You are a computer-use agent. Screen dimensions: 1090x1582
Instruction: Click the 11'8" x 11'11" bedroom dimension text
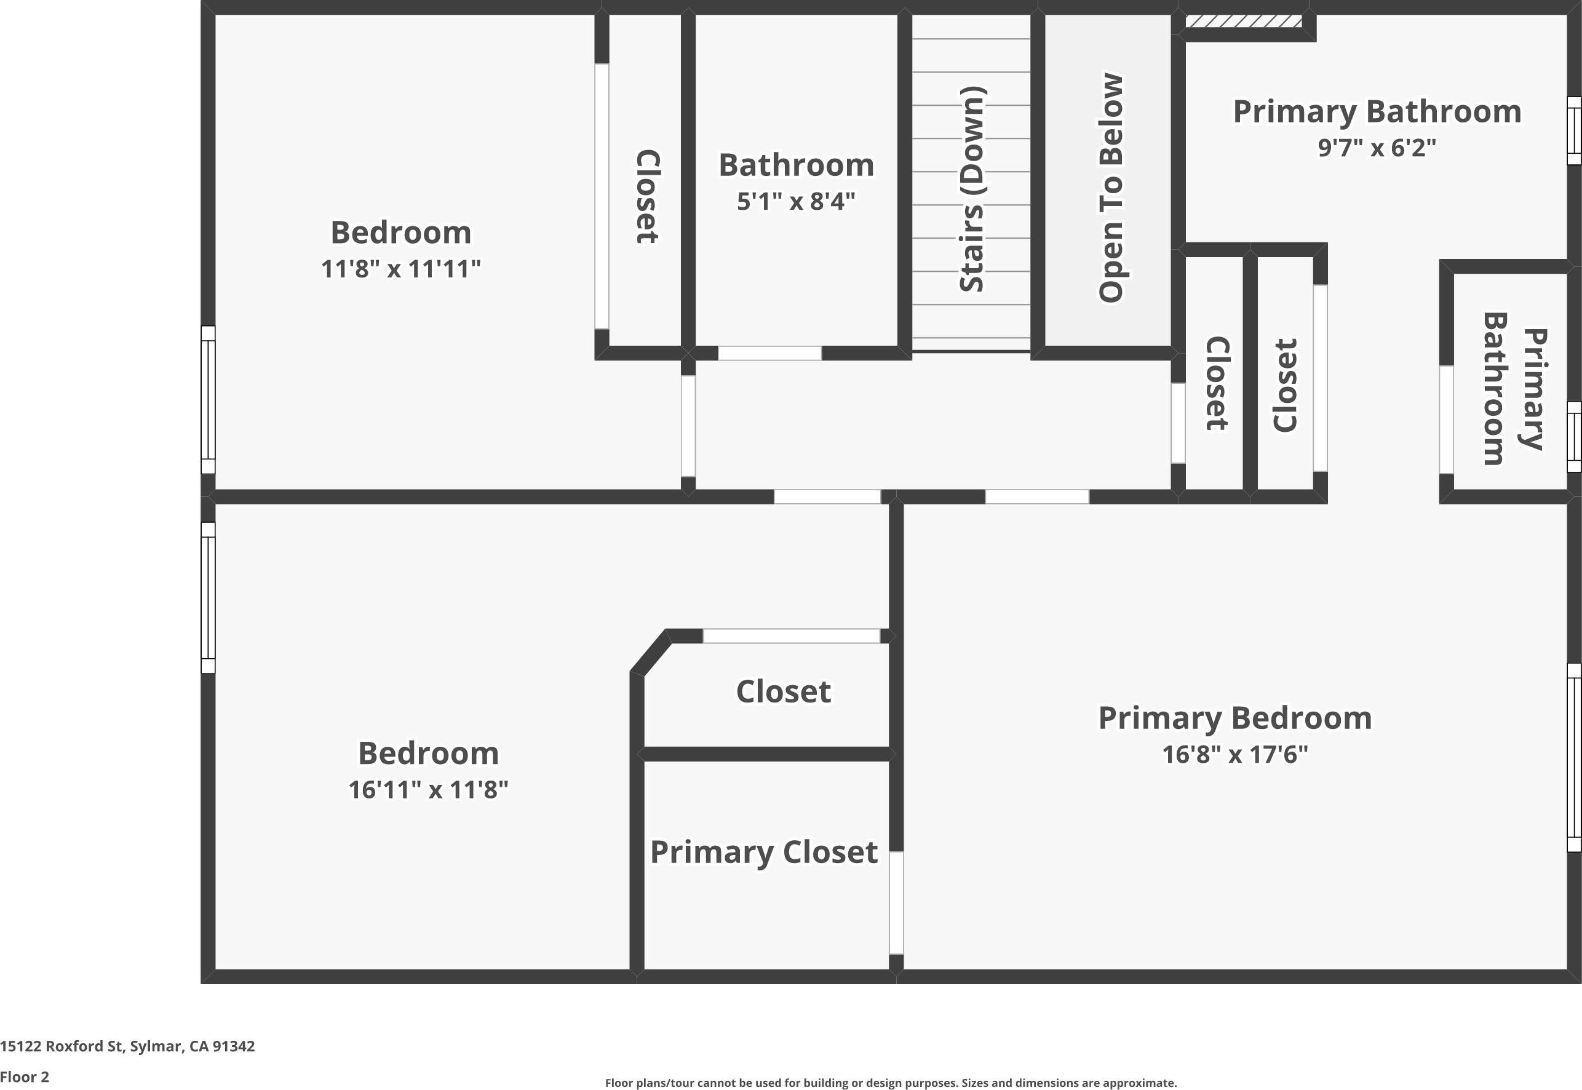[x=401, y=269]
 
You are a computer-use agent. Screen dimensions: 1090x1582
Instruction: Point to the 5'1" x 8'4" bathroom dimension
[x=795, y=202]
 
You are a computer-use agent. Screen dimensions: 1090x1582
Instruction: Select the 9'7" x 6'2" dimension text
[x=1377, y=148]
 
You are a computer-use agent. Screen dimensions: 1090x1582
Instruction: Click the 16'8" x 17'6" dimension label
[x=1234, y=755]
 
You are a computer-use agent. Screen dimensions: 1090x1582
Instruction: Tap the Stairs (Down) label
[x=972, y=189]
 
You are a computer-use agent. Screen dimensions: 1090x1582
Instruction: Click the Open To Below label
[x=1110, y=188]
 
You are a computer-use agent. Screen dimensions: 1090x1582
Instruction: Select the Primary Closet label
[x=763, y=853]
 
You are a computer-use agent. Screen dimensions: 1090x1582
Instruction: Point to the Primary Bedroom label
[x=1234, y=718]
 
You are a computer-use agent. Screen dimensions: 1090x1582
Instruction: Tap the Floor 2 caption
[x=25, y=1077]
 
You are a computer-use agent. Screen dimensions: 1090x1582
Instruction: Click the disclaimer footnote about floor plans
[x=891, y=1083]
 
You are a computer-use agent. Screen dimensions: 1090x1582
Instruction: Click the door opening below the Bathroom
[x=769, y=353]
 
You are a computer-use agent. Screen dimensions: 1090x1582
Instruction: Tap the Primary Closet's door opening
[x=896, y=902]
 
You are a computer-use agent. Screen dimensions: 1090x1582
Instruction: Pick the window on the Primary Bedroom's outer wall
[x=1573, y=757]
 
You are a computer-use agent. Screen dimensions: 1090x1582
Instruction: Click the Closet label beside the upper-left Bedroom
[x=647, y=197]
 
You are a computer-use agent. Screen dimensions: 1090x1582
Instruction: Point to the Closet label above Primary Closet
[x=783, y=692]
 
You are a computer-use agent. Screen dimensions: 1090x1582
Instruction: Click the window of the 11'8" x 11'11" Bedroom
[x=207, y=400]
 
